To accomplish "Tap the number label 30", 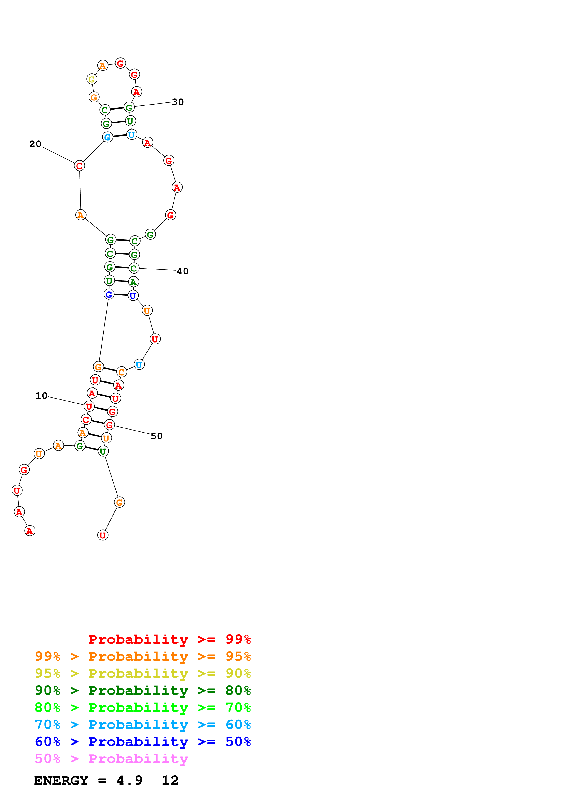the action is pyautogui.click(x=178, y=102).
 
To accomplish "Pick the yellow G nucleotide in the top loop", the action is pyautogui.click(x=92, y=79).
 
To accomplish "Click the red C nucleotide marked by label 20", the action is pyautogui.click(x=79, y=166).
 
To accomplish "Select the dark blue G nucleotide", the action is pyautogui.click(x=109, y=294).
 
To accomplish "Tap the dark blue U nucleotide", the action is pyautogui.click(x=133, y=296).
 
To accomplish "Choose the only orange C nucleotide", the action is pyautogui.click(x=122, y=372).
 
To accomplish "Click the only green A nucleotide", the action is pyautogui.click(x=133, y=282).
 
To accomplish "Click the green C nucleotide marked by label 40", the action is pyautogui.click(x=134, y=268).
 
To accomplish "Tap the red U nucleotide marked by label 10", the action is pyautogui.click(x=89, y=406).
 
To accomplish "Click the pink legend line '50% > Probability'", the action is pyautogui.click(x=111, y=758).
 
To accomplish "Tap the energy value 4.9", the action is pyautogui.click(x=129, y=780).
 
